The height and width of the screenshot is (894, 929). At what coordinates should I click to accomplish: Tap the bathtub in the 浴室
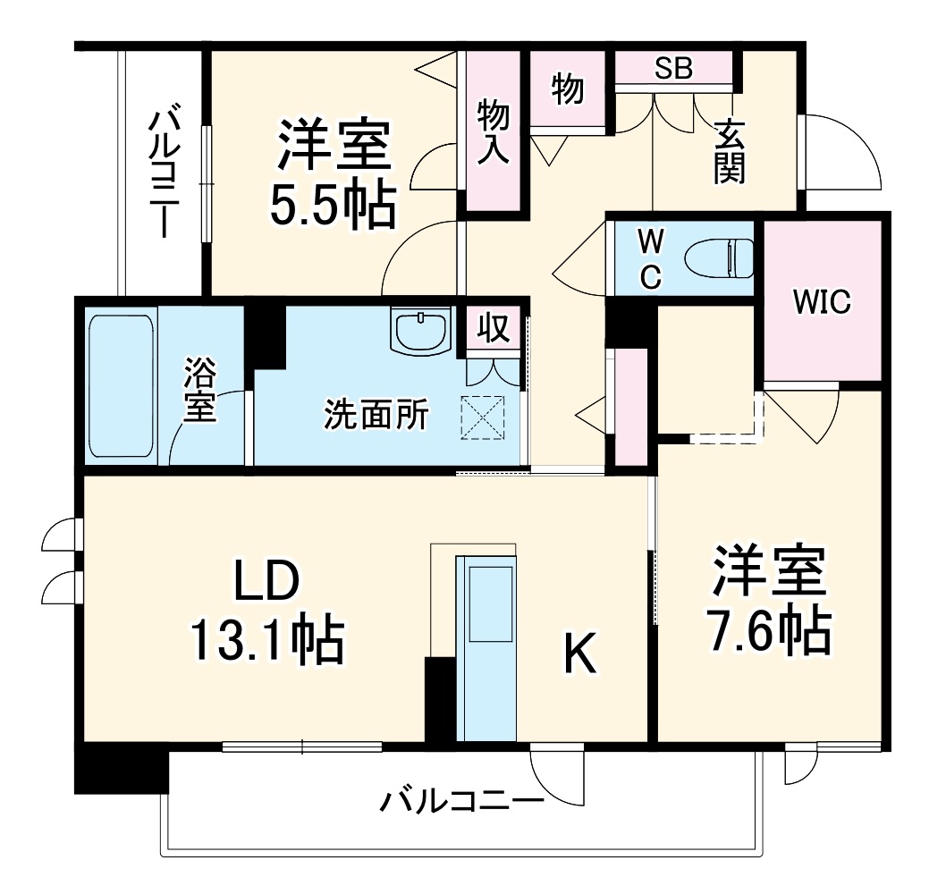coord(122,384)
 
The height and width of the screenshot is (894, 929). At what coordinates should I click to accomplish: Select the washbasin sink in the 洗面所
coord(420,330)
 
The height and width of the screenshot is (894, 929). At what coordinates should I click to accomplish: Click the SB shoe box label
coord(673,69)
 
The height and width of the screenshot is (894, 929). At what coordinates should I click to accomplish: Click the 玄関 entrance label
coord(729,151)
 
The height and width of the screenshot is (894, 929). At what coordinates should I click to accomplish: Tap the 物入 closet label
coord(493,131)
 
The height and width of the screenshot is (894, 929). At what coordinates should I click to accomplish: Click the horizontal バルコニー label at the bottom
coord(461,800)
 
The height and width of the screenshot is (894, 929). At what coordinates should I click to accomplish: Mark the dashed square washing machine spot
coord(483,417)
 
